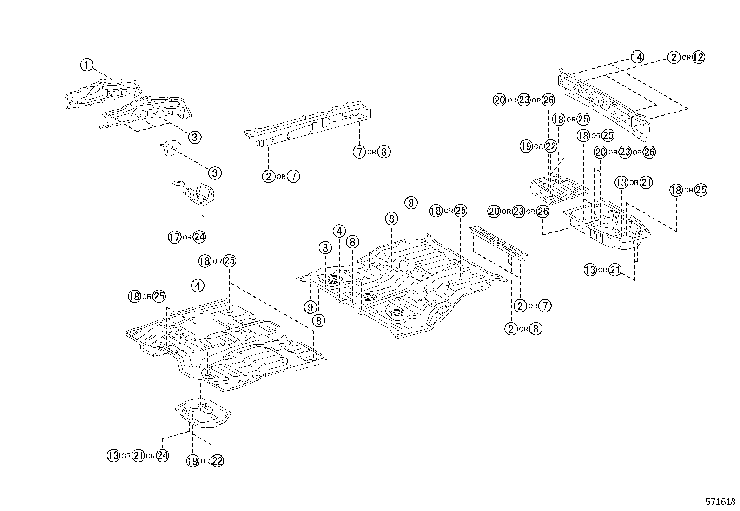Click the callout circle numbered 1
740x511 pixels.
click(x=86, y=65)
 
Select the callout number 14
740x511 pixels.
click(x=637, y=57)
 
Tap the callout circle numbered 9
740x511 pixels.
click(x=311, y=307)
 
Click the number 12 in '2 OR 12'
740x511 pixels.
click(x=698, y=57)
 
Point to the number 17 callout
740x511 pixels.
click(x=174, y=237)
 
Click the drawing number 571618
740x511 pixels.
click(x=721, y=502)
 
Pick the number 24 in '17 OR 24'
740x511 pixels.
click(x=199, y=237)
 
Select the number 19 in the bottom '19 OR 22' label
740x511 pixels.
click(x=193, y=461)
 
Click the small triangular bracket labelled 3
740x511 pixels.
click(x=169, y=149)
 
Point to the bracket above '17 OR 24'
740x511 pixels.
click(x=194, y=192)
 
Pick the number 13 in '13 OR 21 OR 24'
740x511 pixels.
click(x=113, y=456)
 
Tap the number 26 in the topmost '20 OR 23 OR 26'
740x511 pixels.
click(x=548, y=100)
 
